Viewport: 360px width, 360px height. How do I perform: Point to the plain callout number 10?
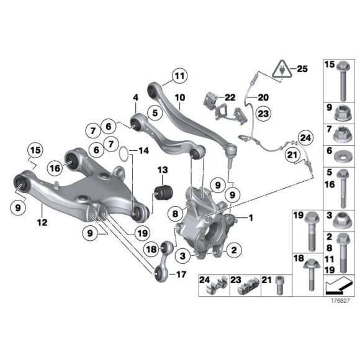180,97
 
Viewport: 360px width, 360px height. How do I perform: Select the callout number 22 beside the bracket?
230,97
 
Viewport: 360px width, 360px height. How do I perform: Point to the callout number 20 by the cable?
263,97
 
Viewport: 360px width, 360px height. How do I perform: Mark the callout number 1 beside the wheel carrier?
251,218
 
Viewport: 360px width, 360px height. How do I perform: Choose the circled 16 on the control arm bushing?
55,168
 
